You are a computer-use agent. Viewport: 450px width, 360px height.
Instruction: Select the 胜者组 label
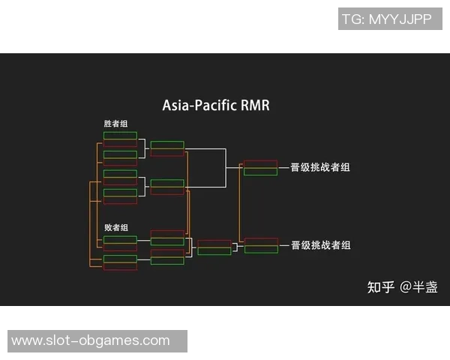tap(115, 124)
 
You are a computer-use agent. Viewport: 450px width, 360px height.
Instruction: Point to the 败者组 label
tap(115, 227)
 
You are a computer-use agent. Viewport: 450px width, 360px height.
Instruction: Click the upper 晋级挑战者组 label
tap(320, 167)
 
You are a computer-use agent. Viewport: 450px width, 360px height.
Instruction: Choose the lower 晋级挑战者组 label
tap(320, 245)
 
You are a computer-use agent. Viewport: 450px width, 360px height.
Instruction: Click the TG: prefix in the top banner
tap(354, 19)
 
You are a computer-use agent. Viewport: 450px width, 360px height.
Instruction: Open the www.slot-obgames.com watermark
tap(91, 340)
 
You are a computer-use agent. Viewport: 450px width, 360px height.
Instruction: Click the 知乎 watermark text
tap(380, 286)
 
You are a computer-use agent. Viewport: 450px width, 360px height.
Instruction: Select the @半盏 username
tap(419, 286)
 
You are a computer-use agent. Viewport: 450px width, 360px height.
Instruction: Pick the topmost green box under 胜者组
tap(120, 136)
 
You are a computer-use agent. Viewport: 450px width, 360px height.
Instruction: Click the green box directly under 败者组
tap(120, 239)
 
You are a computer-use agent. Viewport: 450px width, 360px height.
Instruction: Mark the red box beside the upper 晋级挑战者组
tap(261, 163)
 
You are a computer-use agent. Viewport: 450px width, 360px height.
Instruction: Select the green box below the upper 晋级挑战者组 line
tap(261, 172)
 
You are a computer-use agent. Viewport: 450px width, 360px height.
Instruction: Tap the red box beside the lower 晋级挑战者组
tap(261, 241)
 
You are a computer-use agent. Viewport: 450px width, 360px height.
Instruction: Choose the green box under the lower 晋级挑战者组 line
tap(261, 250)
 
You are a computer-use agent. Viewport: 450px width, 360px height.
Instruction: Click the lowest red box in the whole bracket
tap(120, 266)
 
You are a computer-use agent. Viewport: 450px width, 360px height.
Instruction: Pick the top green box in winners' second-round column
tap(167, 145)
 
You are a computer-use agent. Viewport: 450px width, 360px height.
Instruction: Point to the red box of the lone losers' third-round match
tap(214, 243)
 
